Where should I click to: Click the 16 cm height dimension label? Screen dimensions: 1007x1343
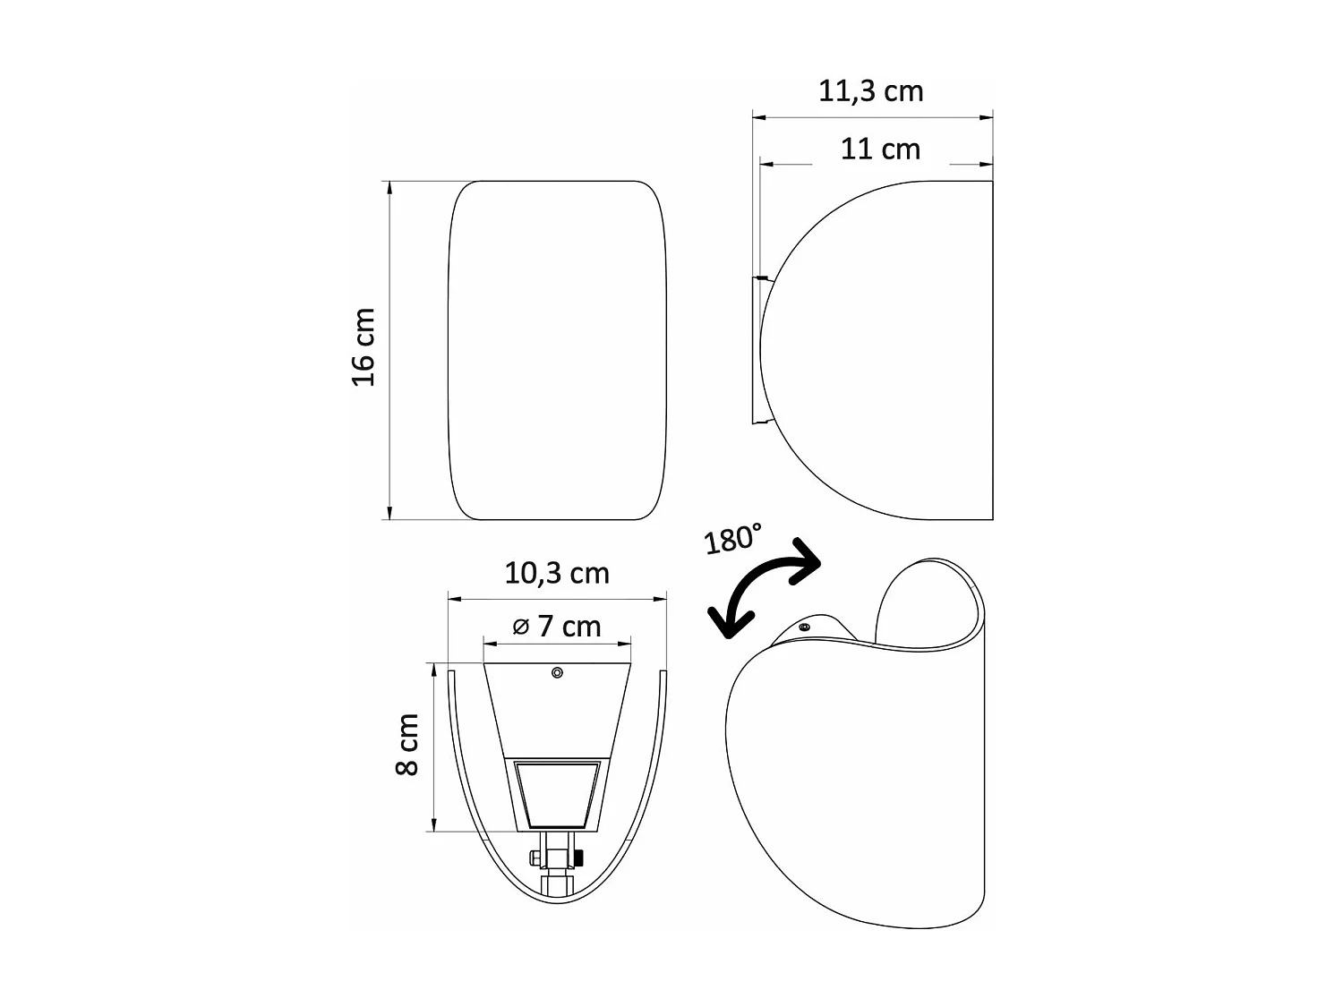[x=364, y=347]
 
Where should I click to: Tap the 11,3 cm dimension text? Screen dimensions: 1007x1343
[x=870, y=91]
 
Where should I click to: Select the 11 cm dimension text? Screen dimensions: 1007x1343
[x=880, y=149]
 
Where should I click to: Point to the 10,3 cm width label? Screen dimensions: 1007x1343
[x=557, y=573]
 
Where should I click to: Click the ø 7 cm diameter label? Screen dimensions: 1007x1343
[x=557, y=627]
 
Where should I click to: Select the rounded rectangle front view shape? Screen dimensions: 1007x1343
[x=557, y=350]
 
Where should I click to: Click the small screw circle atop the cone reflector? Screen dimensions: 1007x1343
[x=557, y=672]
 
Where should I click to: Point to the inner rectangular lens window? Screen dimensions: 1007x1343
[x=557, y=795]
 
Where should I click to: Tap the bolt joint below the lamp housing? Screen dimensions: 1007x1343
[x=557, y=858]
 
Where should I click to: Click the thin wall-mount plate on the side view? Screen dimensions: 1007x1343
[x=755, y=350]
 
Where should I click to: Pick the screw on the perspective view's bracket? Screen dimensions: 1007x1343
[x=804, y=627]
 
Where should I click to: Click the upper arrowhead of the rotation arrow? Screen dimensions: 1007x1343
[x=808, y=559]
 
